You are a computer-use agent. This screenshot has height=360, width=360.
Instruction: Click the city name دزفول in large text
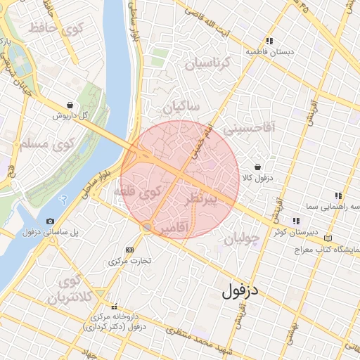point(240,290)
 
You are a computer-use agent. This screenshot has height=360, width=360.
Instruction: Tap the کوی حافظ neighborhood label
point(56,29)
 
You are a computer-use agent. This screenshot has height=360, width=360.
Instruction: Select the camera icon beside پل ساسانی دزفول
point(51,221)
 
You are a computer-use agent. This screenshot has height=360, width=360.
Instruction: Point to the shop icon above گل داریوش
point(69,104)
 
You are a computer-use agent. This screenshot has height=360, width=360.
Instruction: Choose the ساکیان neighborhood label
point(181,106)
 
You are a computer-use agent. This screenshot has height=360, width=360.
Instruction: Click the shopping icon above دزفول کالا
point(258,167)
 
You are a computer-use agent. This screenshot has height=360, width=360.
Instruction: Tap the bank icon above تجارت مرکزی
point(129,250)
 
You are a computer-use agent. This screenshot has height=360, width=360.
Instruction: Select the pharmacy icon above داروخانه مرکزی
point(114,306)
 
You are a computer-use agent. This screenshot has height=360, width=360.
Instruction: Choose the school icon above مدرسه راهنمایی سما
point(338,195)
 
